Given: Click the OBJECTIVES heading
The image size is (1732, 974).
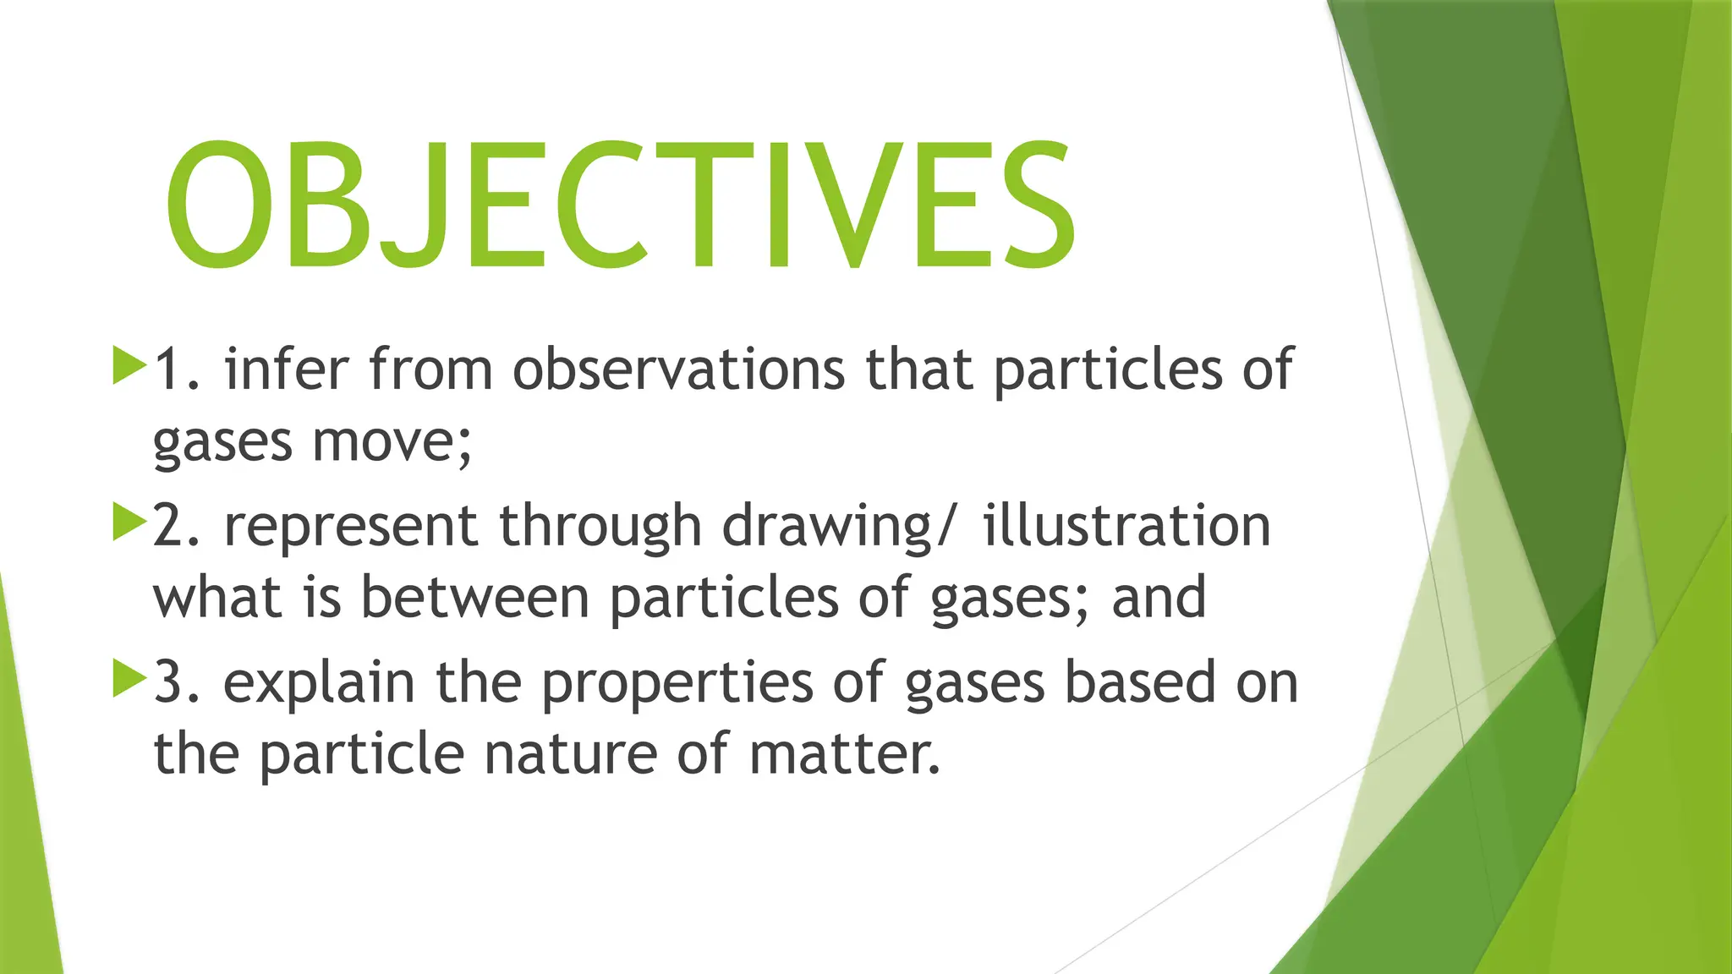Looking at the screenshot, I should point(620,205).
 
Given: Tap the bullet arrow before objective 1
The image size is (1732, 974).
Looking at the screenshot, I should point(129,365).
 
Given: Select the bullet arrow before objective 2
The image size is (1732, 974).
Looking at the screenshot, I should point(129,522).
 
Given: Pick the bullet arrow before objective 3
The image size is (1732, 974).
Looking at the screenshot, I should point(129,678).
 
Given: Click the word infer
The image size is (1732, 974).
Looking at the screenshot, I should point(286,369).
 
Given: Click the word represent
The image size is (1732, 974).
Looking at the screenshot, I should point(351,528).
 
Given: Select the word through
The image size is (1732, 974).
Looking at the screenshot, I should point(600,528).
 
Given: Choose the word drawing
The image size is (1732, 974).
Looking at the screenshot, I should point(827,528).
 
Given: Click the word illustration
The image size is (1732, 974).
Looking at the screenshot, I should point(1126,526).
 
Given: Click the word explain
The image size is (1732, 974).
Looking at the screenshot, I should point(319,684).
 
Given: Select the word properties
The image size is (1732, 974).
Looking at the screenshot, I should point(677,684).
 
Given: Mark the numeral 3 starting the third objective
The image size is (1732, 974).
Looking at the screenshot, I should point(168,682).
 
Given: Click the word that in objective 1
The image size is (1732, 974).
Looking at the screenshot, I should point(918,369).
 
